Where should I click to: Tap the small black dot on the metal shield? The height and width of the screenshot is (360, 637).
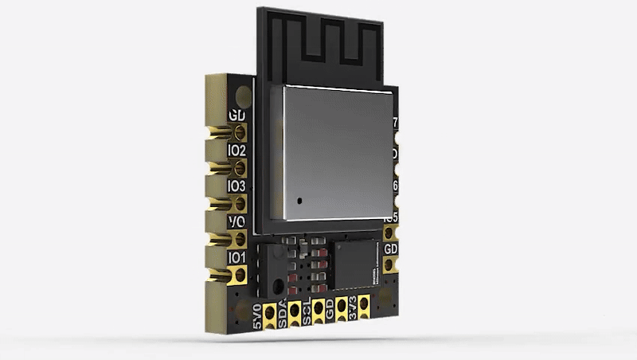[x=297, y=202]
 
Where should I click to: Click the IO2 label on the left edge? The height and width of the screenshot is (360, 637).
[x=236, y=150]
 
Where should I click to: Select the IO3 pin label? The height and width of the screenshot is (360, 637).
[x=236, y=186]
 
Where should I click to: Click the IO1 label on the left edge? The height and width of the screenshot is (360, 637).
[x=236, y=258]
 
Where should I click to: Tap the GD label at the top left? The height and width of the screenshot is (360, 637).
[x=237, y=115]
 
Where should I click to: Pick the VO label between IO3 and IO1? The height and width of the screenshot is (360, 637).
[x=236, y=221]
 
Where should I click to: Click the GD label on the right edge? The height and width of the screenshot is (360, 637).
[x=391, y=249]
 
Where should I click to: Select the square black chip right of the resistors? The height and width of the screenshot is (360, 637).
[x=358, y=263]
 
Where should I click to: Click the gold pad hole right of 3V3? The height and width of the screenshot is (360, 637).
[x=365, y=303]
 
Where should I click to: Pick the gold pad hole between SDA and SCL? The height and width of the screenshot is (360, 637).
[x=295, y=306]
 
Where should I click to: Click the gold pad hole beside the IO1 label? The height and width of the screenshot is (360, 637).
[x=239, y=276]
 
